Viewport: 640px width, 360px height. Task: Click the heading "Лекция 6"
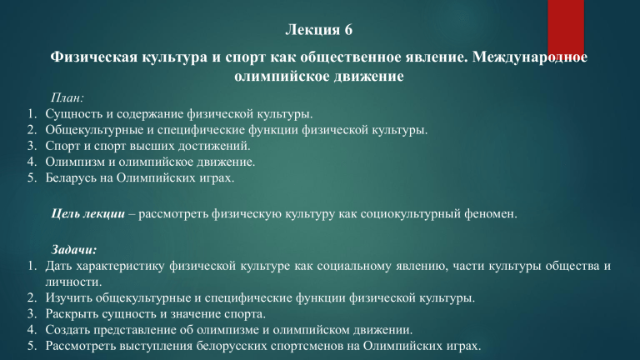319,30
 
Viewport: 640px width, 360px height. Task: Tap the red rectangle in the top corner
566,27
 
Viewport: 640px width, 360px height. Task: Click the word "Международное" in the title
530,57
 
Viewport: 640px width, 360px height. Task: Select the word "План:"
67,97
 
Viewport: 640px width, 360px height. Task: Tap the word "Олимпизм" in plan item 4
75,162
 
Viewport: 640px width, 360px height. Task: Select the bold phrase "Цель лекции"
88,213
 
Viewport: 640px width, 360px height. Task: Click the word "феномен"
490,214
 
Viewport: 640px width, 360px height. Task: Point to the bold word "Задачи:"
74,249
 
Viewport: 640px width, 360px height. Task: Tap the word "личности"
73,282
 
